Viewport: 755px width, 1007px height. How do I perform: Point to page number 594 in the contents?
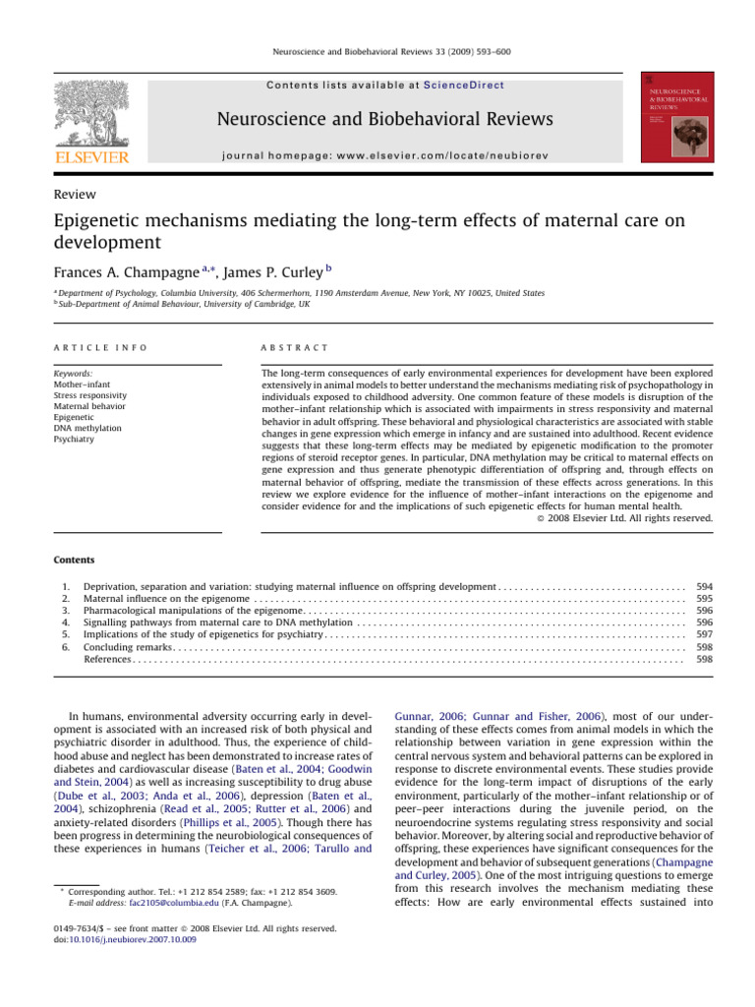pos(704,584)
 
